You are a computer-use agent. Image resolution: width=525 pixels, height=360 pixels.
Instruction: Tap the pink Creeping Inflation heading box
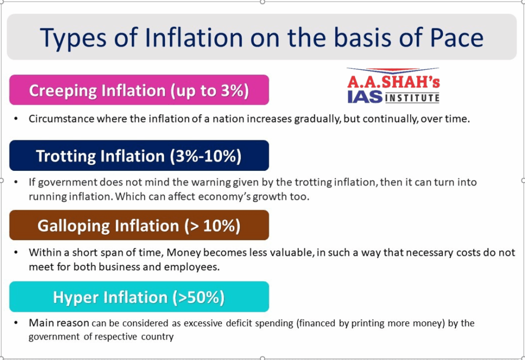click(x=139, y=90)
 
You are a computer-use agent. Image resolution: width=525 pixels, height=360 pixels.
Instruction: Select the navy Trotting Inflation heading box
click(x=139, y=155)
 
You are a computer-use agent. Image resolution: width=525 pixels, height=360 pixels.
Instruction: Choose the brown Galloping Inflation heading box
click(x=139, y=225)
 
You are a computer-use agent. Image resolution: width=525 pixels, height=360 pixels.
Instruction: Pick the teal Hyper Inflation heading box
click(x=139, y=297)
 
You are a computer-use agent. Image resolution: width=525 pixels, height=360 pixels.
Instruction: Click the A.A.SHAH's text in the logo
click(x=393, y=82)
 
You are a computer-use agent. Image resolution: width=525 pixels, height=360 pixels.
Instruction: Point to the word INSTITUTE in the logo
click(x=413, y=98)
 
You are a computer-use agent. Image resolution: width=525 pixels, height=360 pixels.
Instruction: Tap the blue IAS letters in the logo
click(x=365, y=97)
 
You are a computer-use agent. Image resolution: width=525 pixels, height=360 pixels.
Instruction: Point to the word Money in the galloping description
click(x=184, y=252)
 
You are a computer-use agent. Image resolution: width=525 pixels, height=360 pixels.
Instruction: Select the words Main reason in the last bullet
click(x=59, y=323)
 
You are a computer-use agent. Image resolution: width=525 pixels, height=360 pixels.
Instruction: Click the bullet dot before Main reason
click(x=16, y=323)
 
